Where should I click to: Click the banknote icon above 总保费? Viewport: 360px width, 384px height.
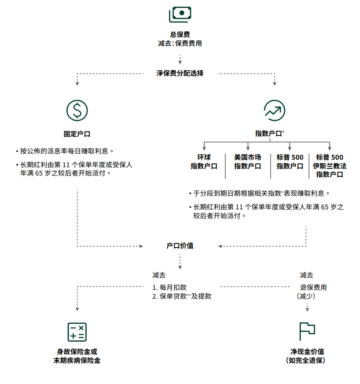180,15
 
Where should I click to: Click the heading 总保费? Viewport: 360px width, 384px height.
180,34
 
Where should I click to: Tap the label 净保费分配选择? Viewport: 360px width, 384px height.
180,73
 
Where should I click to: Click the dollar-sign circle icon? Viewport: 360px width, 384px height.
77,110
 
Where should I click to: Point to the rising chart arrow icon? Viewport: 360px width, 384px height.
274,110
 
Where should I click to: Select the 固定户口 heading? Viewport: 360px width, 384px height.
77,134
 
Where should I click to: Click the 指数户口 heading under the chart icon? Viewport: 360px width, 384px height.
269,134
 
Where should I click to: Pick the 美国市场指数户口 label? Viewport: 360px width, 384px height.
247,161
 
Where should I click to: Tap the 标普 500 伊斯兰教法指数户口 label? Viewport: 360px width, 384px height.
330,165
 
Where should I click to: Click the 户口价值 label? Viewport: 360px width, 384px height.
180,245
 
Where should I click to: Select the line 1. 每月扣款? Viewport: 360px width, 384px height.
169,287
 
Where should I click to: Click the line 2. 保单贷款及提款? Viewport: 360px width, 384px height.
182,296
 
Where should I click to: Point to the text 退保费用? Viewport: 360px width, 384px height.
313,287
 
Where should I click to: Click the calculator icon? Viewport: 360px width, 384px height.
77,332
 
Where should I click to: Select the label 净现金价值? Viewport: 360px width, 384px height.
307,352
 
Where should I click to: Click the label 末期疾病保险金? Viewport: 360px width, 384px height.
77,361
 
